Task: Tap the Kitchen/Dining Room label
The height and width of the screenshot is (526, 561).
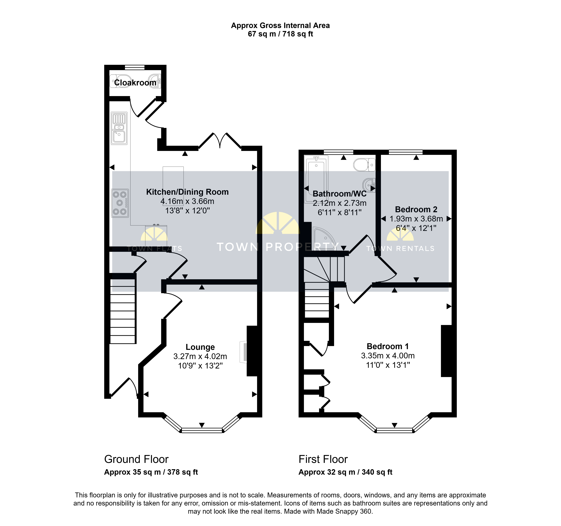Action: (187, 192)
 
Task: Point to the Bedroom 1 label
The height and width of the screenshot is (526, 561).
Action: (388, 346)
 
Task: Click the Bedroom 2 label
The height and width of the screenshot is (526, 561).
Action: (416, 209)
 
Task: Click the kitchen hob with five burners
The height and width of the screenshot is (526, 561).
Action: (120, 203)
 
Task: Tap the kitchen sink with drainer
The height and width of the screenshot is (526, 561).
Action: (119, 128)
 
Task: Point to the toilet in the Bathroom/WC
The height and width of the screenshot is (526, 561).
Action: (364, 165)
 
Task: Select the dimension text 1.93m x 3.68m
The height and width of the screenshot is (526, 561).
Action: (416, 219)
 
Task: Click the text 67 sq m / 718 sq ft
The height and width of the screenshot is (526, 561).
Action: (280, 34)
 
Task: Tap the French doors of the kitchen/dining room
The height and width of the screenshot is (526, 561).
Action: (220, 141)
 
